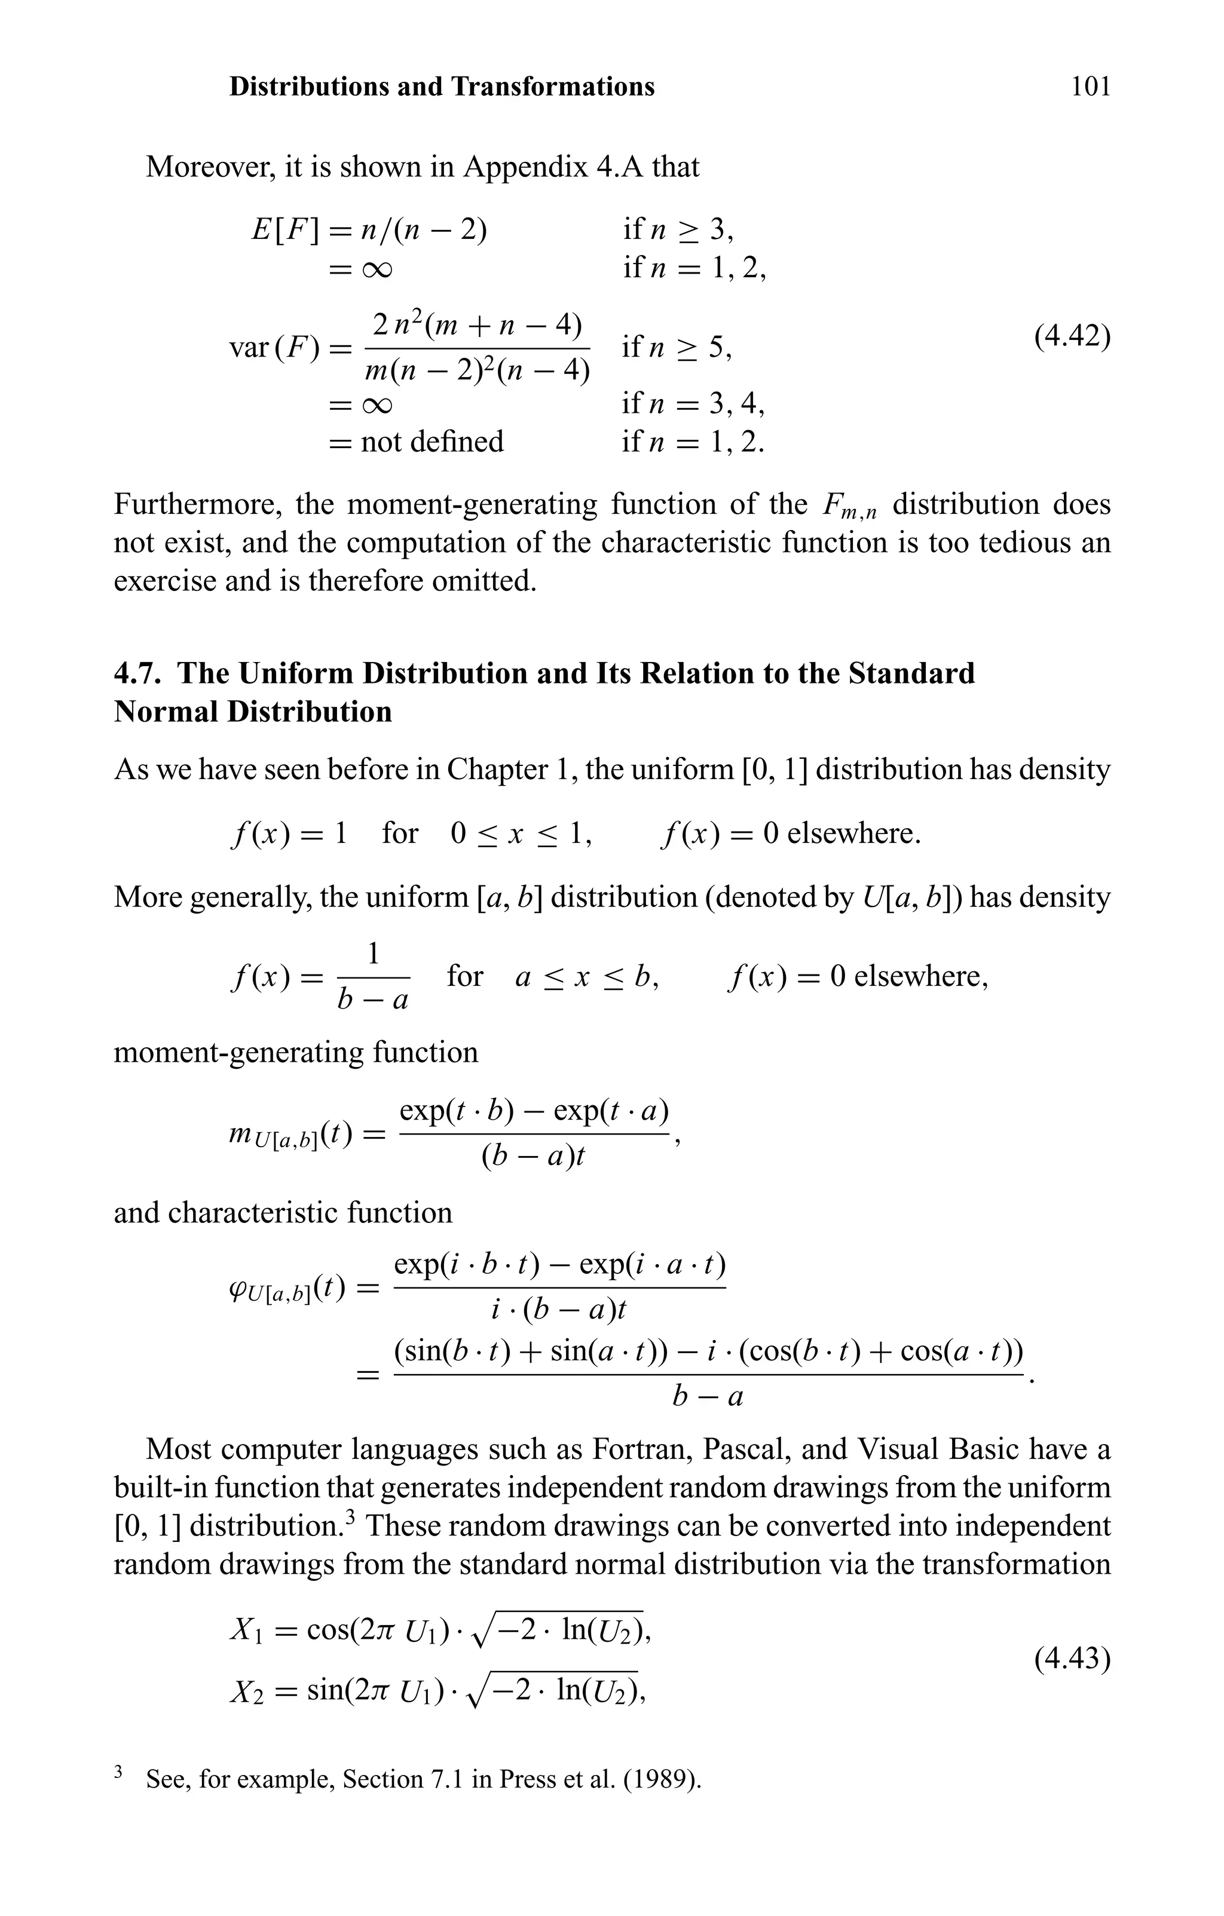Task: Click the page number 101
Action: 1090,86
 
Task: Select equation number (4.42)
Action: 1072,336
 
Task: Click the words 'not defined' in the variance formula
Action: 432,442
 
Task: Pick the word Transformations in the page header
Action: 553,86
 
